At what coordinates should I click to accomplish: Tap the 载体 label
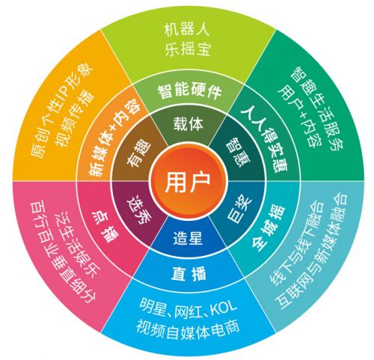[188, 124]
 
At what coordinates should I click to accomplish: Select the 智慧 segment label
[238, 152]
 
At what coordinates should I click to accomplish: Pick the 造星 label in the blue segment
[188, 237]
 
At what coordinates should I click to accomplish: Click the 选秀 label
[139, 211]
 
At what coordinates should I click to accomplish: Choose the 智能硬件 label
[189, 91]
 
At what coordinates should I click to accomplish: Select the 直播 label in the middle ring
[188, 273]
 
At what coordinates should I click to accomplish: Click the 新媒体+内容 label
[114, 138]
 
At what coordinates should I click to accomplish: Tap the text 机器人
[187, 30]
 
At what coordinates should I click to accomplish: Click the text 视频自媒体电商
[188, 329]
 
